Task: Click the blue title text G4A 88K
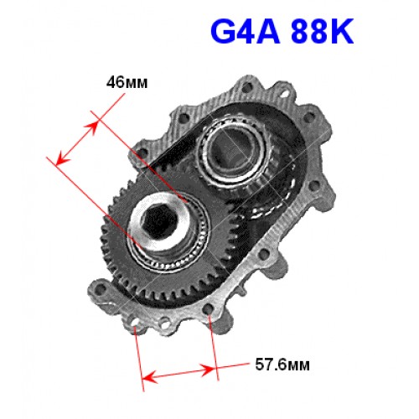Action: click(x=282, y=32)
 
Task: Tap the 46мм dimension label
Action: click(x=127, y=82)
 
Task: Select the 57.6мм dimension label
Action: click(x=282, y=365)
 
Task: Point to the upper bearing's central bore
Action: click(x=233, y=153)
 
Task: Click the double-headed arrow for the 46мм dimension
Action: click(x=77, y=142)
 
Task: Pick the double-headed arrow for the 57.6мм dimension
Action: click(x=178, y=374)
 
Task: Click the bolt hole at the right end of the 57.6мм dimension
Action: click(x=209, y=309)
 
